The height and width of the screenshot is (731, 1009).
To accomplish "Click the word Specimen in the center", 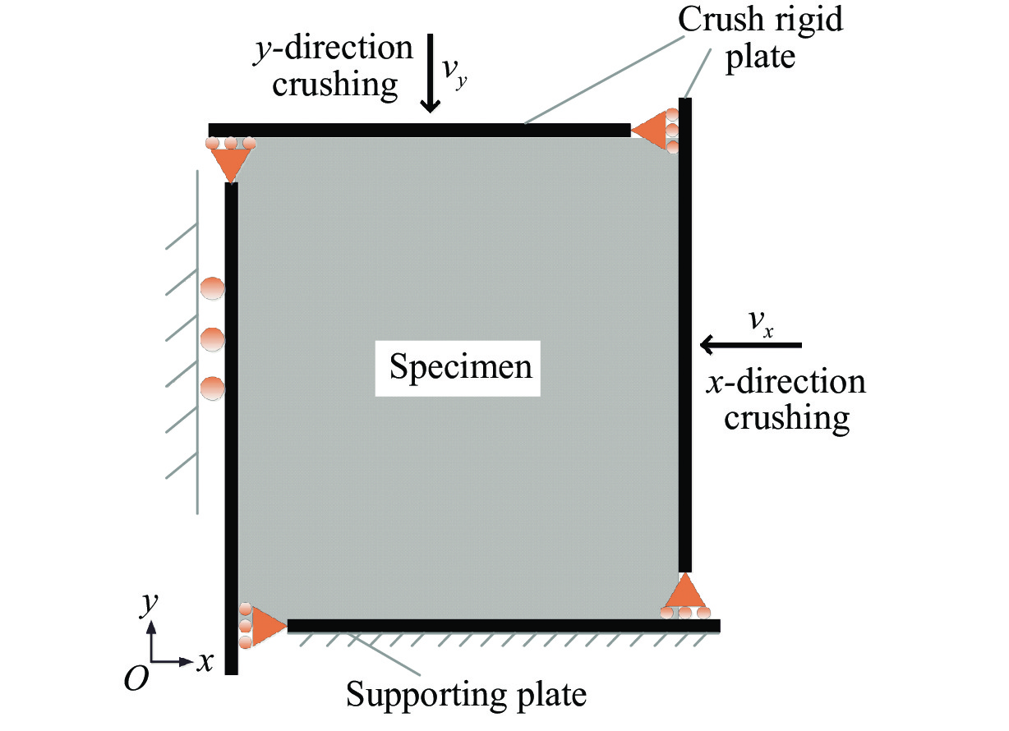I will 460,367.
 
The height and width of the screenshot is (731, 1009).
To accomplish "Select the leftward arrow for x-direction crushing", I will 749,346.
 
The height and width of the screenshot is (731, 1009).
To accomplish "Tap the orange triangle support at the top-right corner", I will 650,131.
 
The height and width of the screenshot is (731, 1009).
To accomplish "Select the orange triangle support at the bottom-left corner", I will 266,626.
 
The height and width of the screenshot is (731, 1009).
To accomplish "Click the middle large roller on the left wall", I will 212,338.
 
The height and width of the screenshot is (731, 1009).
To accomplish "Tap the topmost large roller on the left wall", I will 212,289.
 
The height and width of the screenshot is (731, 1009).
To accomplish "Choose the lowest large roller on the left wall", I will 212,388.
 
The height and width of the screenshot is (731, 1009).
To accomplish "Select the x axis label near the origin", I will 205,661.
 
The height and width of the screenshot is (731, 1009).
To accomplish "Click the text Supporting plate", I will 467,694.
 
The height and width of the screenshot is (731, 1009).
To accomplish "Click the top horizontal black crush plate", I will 419,130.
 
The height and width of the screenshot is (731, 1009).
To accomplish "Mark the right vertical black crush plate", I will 685,329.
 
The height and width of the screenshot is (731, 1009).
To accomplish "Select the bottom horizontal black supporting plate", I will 503,626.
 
